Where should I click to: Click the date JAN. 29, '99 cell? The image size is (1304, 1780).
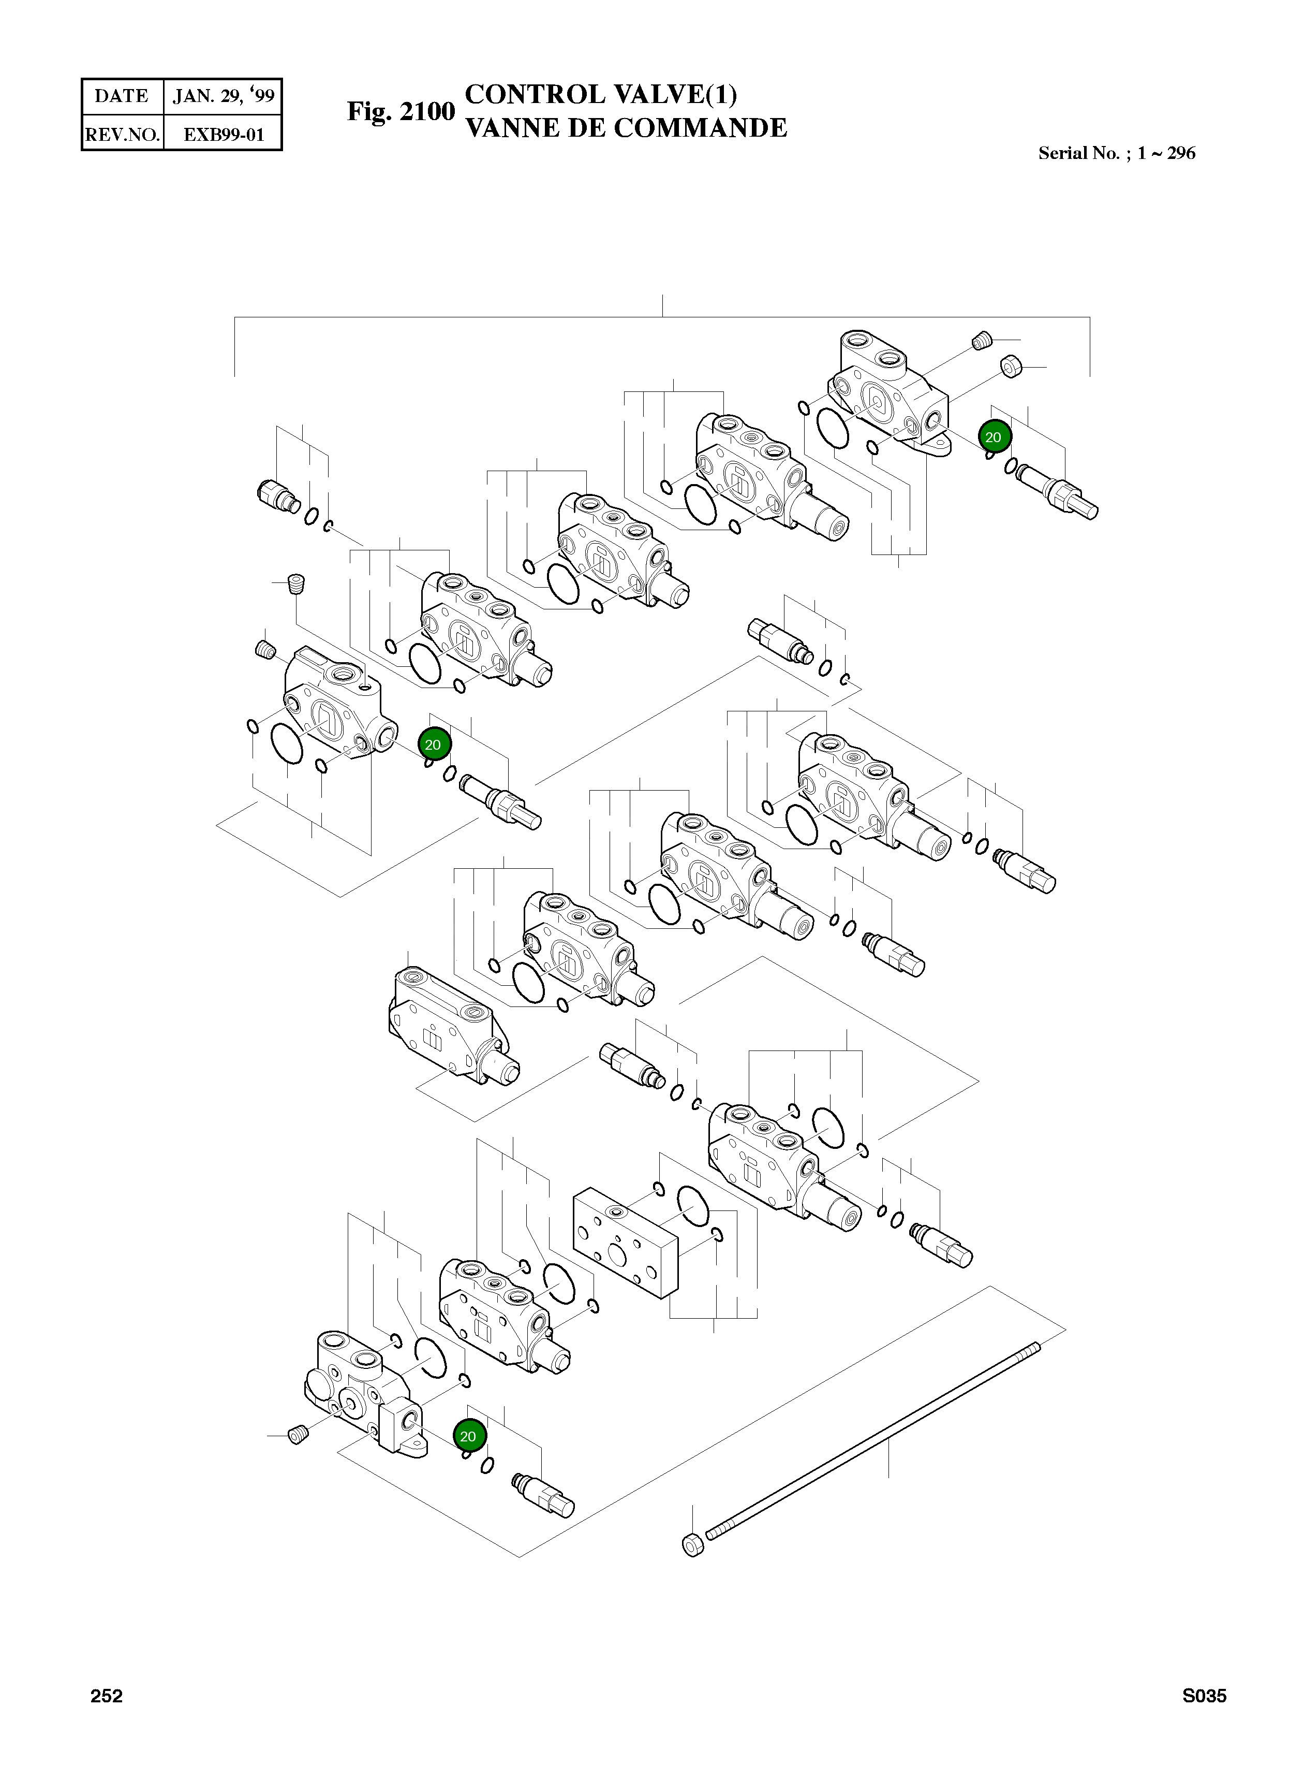point(224,96)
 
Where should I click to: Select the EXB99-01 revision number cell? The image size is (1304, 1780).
point(224,134)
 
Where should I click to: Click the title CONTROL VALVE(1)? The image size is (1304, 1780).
point(601,94)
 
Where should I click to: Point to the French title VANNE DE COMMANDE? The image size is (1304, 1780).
point(626,128)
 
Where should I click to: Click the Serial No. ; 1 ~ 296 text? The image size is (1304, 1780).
point(1116,153)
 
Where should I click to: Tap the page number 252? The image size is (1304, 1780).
point(107,1696)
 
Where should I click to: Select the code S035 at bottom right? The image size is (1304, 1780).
point(1204,1696)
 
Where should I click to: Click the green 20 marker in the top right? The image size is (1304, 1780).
point(994,436)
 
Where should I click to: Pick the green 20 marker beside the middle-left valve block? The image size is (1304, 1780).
point(433,744)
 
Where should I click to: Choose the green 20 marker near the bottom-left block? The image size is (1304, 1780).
point(468,1436)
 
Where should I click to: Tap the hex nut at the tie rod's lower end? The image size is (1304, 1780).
point(691,1544)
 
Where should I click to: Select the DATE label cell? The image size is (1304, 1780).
point(122,96)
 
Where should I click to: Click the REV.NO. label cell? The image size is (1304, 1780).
point(122,134)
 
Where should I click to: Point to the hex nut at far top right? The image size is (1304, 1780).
point(1011,367)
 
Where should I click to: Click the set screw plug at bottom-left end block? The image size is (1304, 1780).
point(297,1435)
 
